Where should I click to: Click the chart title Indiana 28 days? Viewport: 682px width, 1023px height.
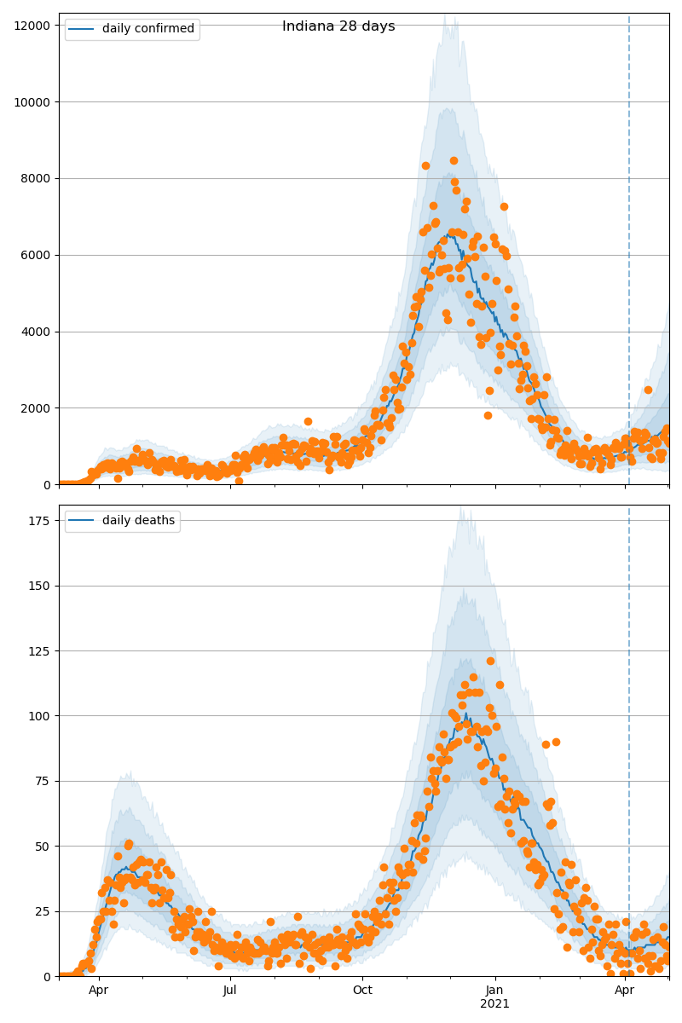click(x=338, y=26)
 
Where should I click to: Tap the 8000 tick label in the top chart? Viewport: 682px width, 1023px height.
click(x=37, y=178)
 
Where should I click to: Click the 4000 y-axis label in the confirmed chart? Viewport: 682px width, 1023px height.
click(x=37, y=332)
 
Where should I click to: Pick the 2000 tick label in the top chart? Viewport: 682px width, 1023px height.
click(x=37, y=408)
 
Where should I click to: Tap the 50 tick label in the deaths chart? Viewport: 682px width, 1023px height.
click(x=43, y=847)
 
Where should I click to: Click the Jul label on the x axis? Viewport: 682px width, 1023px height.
click(x=230, y=991)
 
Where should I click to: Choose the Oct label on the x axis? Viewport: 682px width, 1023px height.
click(x=362, y=991)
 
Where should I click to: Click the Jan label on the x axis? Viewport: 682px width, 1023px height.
click(x=494, y=991)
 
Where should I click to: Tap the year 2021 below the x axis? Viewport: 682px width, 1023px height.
click(x=494, y=1004)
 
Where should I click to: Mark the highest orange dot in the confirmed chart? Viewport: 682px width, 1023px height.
click(x=454, y=160)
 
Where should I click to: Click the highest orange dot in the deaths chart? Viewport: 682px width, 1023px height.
click(x=490, y=661)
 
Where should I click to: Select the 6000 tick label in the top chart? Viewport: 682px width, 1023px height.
click(x=37, y=255)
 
